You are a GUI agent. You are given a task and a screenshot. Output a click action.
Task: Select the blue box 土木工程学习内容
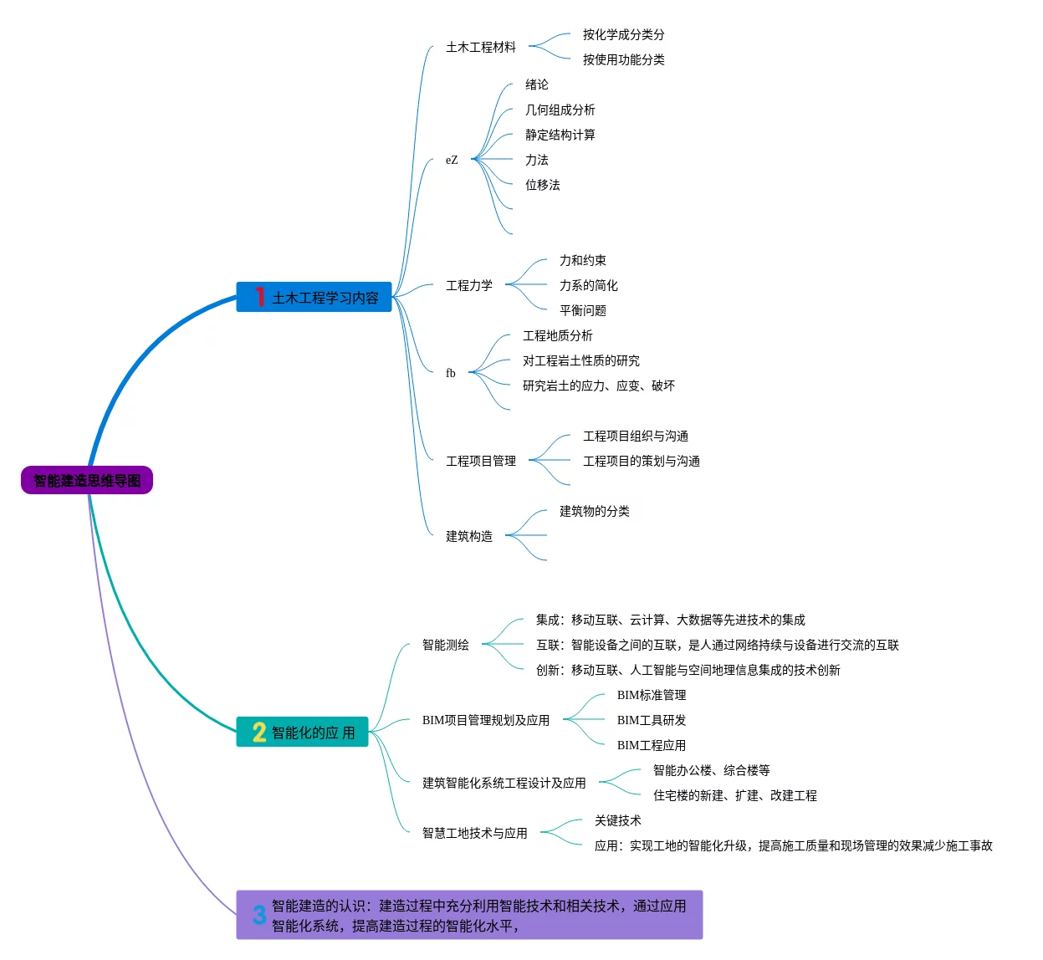[314, 297]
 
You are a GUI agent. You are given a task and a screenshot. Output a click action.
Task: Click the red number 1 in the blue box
[260, 296]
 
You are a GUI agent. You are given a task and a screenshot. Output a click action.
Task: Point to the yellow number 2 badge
[259, 732]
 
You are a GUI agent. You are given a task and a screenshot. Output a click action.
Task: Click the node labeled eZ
[452, 160]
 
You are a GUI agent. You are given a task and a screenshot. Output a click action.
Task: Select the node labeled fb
[450, 372]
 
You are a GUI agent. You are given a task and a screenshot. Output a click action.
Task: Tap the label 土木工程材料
[480, 47]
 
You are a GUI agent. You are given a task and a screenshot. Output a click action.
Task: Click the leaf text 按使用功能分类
[623, 59]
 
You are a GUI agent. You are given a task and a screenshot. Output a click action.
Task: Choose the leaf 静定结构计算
[560, 135]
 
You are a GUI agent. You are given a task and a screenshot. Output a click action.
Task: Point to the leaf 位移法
[542, 185]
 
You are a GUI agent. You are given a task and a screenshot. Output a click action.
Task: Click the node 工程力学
[469, 285]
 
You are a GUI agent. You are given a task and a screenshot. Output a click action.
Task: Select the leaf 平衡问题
[583, 310]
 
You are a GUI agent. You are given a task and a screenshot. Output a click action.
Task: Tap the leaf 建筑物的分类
[595, 511]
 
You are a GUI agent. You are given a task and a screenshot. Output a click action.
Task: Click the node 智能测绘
[445, 645]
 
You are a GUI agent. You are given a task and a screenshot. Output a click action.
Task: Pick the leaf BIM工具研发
[651, 720]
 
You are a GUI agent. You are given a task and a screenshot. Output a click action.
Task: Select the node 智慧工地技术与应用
[474, 833]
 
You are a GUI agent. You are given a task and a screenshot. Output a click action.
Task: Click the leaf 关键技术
[618, 820]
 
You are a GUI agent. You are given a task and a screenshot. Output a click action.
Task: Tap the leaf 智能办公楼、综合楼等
[711, 769]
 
